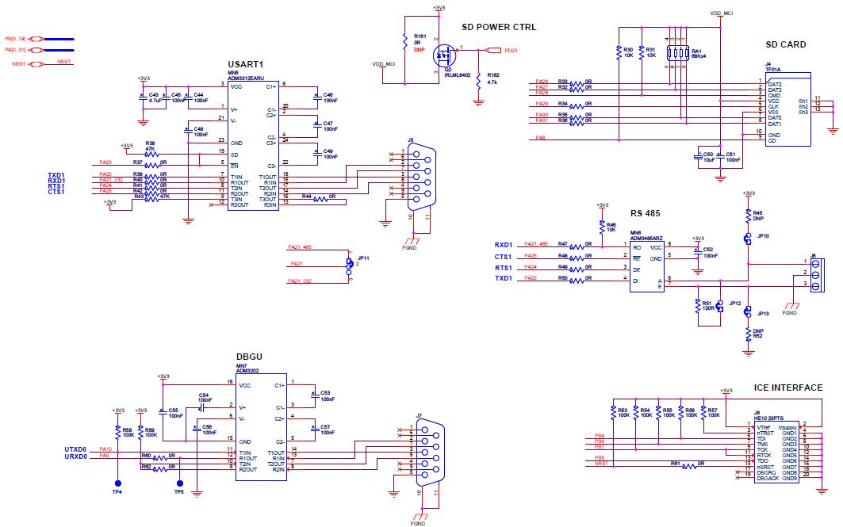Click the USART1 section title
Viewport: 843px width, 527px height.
coord(245,64)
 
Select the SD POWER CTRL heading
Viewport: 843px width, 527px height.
coord(499,27)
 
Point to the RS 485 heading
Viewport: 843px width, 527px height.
coord(646,212)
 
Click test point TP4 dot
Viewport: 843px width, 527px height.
coord(117,483)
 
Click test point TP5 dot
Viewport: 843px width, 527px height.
coord(179,483)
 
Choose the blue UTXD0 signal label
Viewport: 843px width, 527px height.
coord(75,449)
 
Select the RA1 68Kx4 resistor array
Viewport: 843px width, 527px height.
coord(675,53)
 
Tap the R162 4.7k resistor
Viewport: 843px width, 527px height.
coord(477,82)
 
